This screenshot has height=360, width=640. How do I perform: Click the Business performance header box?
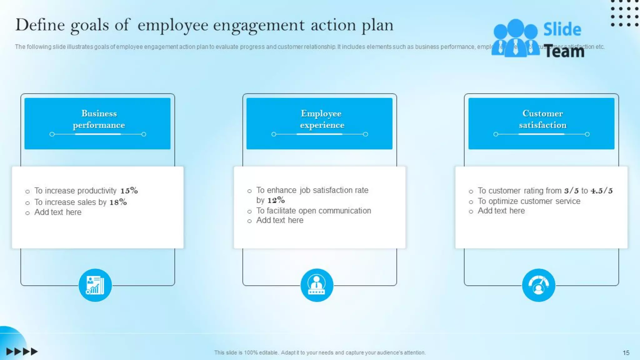(97, 123)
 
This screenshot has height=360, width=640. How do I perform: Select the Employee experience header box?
(319, 123)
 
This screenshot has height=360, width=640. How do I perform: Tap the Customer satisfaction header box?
(541, 123)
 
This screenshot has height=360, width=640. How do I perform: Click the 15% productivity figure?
(129, 190)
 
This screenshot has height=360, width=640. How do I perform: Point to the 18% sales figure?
(118, 202)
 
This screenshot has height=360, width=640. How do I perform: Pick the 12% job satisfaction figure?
(276, 200)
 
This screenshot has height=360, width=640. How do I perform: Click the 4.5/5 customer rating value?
(602, 191)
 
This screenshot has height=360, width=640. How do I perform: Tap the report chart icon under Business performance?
(95, 285)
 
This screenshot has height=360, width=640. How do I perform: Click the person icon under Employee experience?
(317, 285)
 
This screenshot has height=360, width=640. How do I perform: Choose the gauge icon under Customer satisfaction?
(538, 285)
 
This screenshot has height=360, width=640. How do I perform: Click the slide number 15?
(626, 353)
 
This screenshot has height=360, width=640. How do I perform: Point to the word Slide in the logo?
(562, 29)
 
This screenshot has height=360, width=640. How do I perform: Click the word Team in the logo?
(564, 51)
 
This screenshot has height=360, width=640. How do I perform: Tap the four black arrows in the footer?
(22, 352)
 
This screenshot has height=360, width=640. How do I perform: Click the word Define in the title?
(40, 25)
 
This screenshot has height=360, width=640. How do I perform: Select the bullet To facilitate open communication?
(313, 211)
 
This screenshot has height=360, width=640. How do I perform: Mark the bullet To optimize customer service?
(529, 201)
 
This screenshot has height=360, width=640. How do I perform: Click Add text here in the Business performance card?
(58, 212)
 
